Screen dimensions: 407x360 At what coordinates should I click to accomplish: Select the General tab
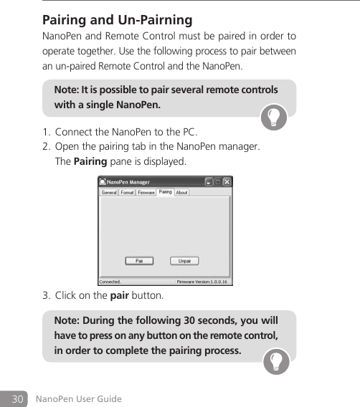[x=109, y=193]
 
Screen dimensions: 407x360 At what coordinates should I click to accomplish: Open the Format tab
[x=127, y=193]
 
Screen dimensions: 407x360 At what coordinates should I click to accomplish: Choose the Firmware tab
[x=146, y=193]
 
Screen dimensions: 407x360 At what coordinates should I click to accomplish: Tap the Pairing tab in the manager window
[x=166, y=192]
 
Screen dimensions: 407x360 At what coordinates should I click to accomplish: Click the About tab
[x=182, y=193]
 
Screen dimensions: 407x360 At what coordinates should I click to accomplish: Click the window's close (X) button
[x=227, y=182]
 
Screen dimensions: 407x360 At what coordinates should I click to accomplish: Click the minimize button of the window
[x=209, y=182]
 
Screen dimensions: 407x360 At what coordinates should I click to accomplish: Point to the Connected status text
[x=110, y=282]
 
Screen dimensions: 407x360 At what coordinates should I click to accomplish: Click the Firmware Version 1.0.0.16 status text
[x=202, y=282]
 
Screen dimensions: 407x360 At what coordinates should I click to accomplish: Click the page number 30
[x=16, y=398]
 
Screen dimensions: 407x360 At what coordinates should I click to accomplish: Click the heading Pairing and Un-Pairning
[x=118, y=19]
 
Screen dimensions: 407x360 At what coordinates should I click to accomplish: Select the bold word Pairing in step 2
[x=90, y=161]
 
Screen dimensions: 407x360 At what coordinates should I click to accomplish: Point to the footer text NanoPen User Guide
[x=79, y=399]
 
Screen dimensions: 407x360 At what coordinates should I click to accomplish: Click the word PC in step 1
[x=189, y=133]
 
